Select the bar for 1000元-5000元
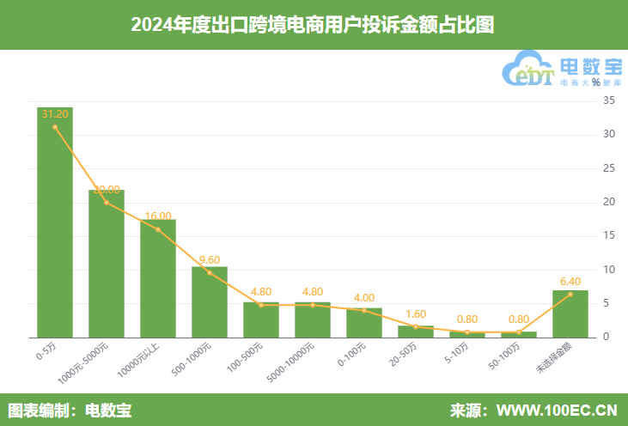click(x=107, y=263)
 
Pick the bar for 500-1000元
click(x=210, y=301)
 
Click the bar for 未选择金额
click(x=570, y=313)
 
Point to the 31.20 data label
click(x=55, y=113)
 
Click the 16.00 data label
click(x=158, y=216)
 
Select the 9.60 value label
click(x=210, y=259)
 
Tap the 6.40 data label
click(x=570, y=281)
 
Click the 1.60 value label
click(x=416, y=313)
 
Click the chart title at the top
click(x=314, y=24)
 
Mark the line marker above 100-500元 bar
click(x=261, y=305)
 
